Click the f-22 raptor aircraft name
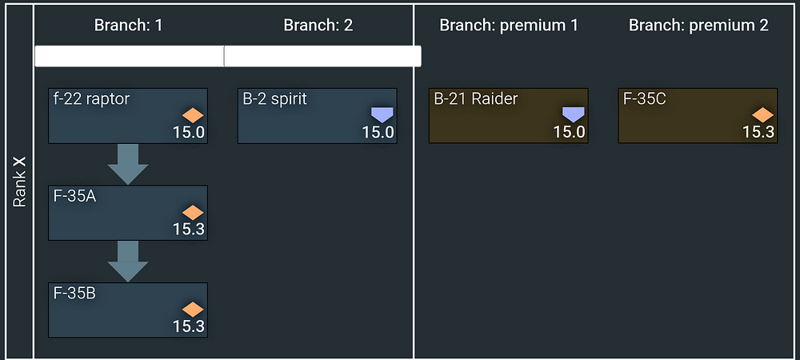click(x=92, y=99)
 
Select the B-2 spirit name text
click(x=274, y=99)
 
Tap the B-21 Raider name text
click(x=475, y=99)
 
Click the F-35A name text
click(x=74, y=197)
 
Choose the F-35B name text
click(x=74, y=294)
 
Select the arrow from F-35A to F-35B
click(x=128, y=261)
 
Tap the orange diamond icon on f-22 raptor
click(x=194, y=114)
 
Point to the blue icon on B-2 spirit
click(x=383, y=114)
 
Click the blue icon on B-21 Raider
click(x=574, y=114)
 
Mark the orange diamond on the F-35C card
click(x=763, y=114)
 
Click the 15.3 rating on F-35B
click(x=189, y=326)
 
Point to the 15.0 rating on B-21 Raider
click(x=569, y=132)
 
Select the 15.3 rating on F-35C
click(x=758, y=132)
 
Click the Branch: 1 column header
click(x=128, y=25)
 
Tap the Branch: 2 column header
click(x=318, y=25)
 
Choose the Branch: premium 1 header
click(x=509, y=25)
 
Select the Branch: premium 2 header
click(x=698, y=25)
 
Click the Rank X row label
click(x=20, y=181)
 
